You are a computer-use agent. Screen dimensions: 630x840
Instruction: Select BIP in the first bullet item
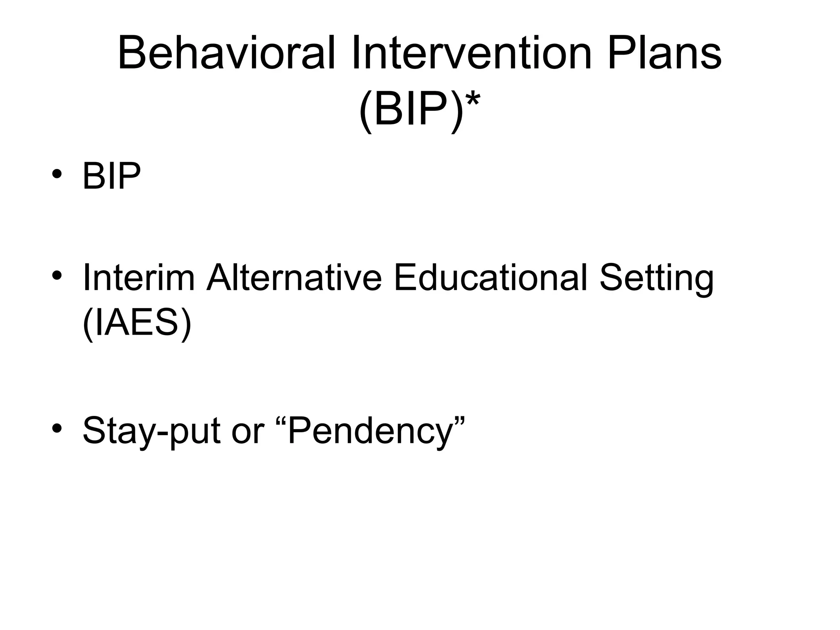click(112, 176)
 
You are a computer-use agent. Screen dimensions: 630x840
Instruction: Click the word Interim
click(139, 278)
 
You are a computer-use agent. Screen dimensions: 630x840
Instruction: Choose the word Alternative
click(294, 278)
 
